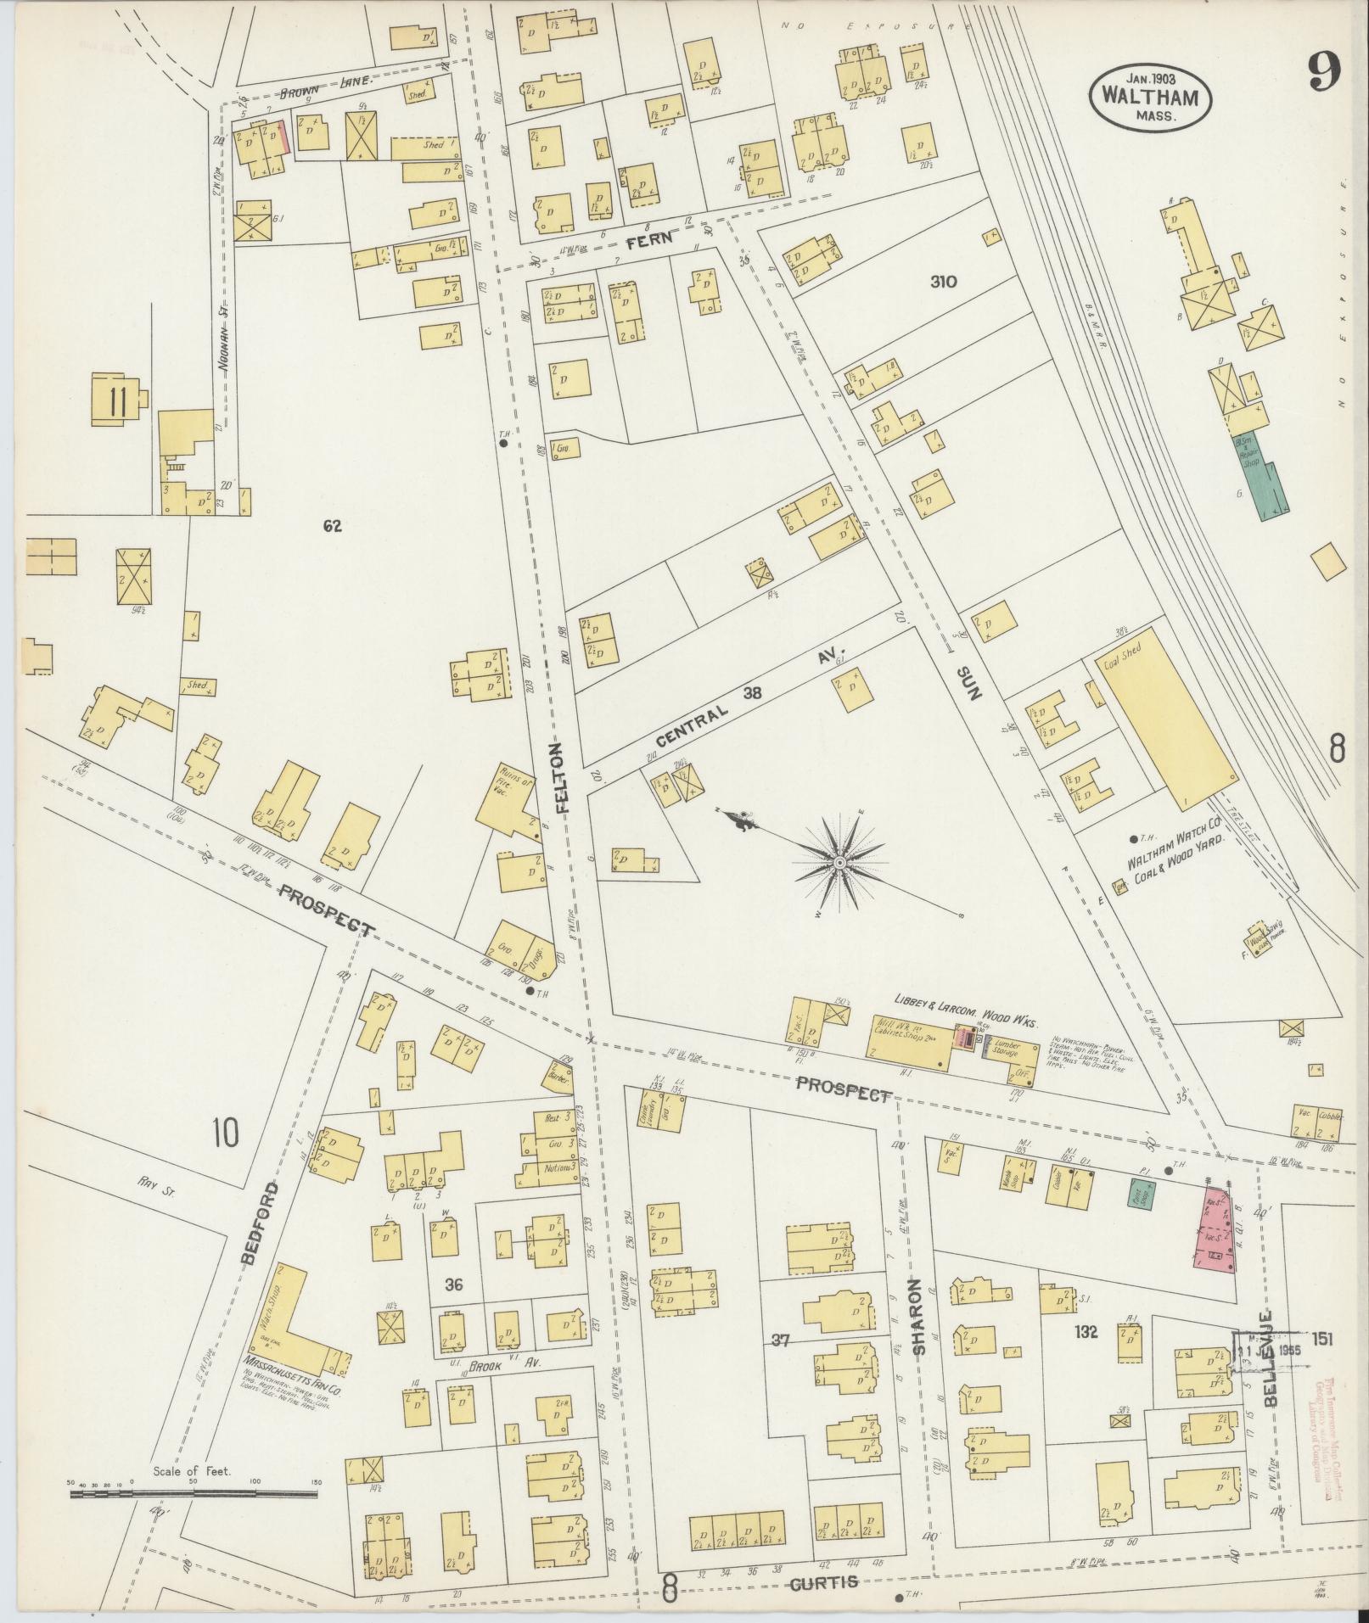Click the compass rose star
[839, 863]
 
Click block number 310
[943, 282]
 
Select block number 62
[332, 526]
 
